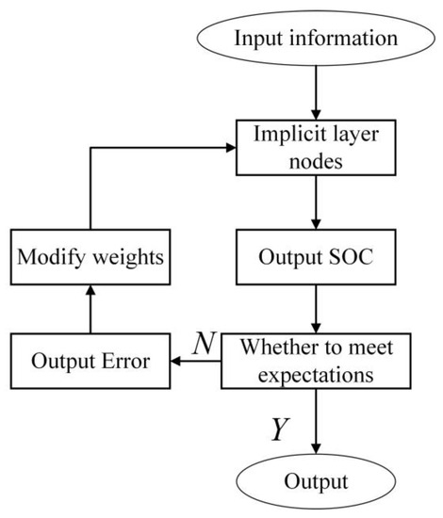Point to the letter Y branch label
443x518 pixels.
pyautogui.click(x=279, y=429)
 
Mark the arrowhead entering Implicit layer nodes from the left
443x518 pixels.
pyautogui.click(x=230, y=146)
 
